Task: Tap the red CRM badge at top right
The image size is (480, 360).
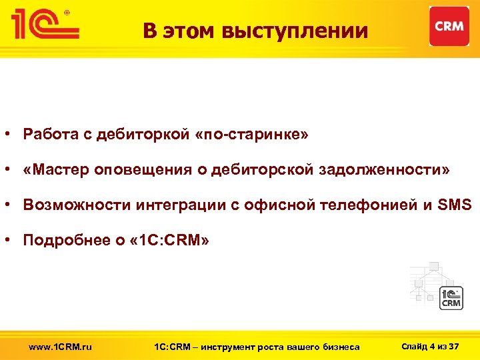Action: pos(449,27)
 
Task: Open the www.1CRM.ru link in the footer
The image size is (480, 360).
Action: pos(61,347)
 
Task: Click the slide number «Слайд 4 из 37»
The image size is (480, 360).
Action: pos(431,346)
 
